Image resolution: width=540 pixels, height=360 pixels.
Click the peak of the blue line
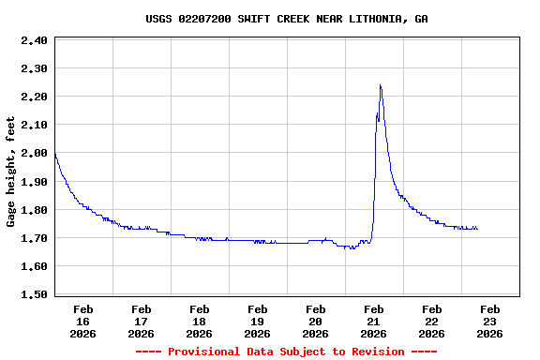[x=380, y=85]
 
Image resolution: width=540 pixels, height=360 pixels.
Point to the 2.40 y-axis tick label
[x=34, y=40]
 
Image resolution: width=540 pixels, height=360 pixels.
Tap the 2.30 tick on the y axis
[x=34, y=68]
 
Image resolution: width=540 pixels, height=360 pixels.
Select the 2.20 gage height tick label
[x=34, y=97]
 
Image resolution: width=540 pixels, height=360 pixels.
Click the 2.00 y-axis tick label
[x=34, y=153]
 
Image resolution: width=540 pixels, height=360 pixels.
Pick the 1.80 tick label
[x=34, y=210]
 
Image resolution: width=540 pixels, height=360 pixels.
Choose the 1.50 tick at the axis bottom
[x=34, y=294]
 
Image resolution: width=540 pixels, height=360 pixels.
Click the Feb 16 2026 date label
[x=83, y=321]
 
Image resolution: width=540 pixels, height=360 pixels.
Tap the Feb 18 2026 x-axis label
[x=200, y=321]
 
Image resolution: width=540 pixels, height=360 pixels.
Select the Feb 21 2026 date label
[x=374, y=321]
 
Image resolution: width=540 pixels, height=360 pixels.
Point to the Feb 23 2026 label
[x=489, y=321]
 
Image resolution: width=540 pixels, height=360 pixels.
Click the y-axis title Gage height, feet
[x=11, y=172]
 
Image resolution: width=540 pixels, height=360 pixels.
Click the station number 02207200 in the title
[x=207, y=19]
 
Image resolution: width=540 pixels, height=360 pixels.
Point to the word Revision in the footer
[x=377, y=352]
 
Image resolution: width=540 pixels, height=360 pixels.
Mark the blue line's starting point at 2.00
[x=55, y=153]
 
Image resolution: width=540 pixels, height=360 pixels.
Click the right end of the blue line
[x=477, y=229]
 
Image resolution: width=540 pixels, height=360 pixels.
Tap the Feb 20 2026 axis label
[x=316, y=321]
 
